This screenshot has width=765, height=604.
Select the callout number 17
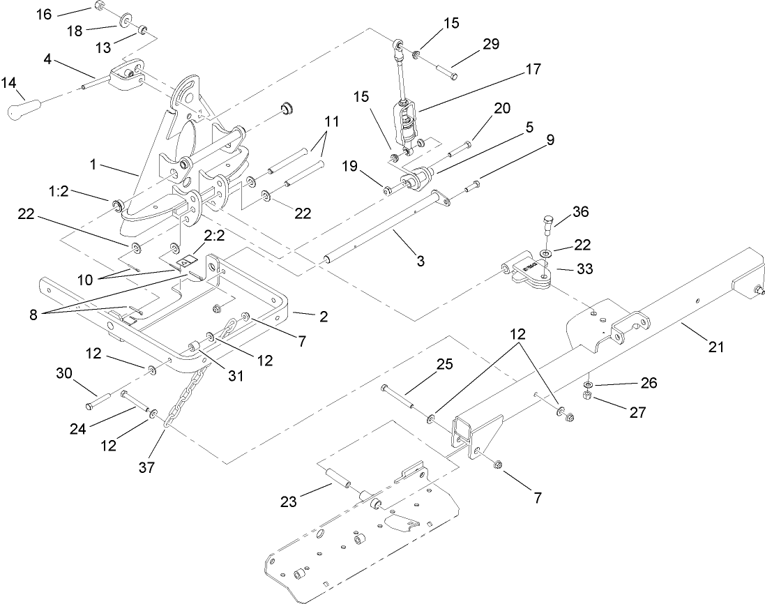tap(533, 70)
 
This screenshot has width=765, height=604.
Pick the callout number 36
tap(580, 211)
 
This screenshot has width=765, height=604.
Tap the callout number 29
tap(490, 43)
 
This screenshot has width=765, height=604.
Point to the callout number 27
tap(637, 412)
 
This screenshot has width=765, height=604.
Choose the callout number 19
tap(351, 165)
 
